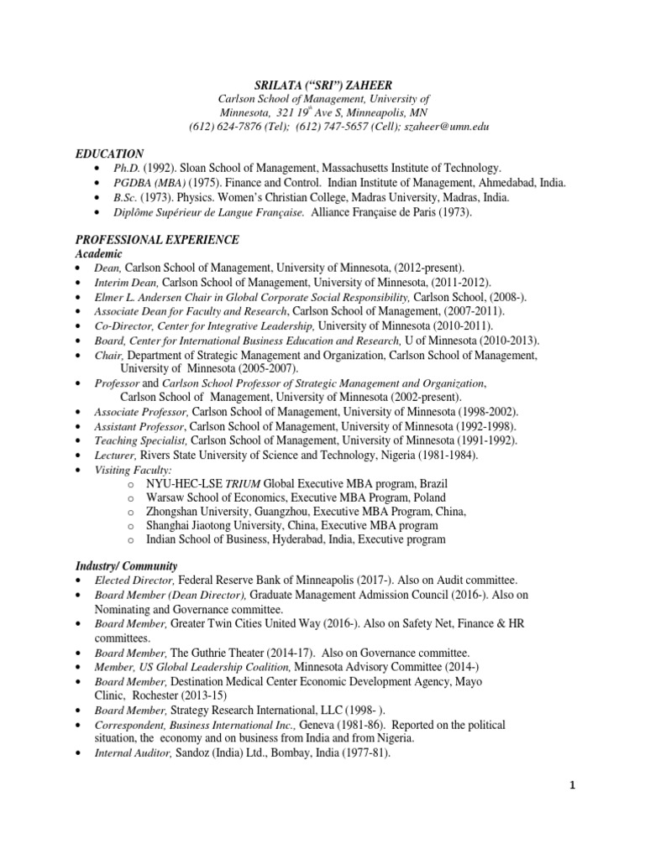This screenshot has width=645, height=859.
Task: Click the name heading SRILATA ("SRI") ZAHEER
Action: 323,84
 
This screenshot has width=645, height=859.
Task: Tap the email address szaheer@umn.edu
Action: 447,127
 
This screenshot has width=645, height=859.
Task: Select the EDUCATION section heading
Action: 109,154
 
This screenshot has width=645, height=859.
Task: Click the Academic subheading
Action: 99,254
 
